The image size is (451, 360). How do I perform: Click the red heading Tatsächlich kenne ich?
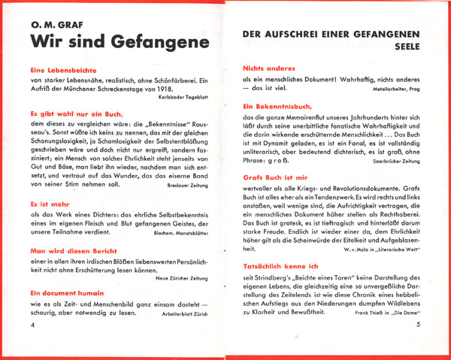point(283,267)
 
